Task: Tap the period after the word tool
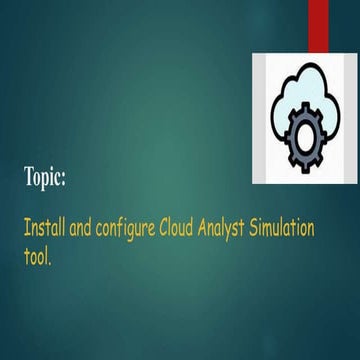(x=50, y=258)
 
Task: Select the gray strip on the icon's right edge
(x=351, y=118)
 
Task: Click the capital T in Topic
(x=29, y=177)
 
